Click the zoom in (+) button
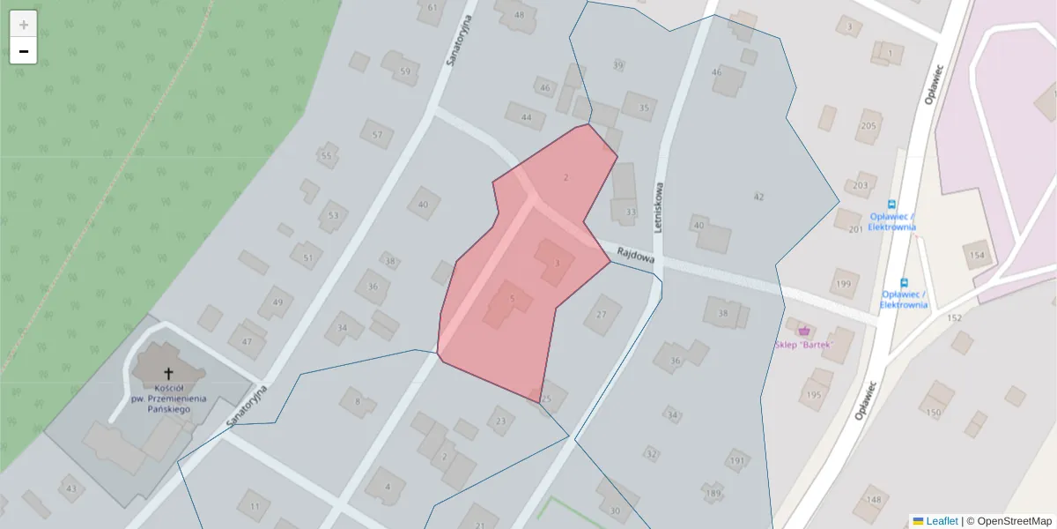[23, 24]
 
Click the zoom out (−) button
[23, 51]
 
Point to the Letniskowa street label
[658, 207]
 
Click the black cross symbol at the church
[168, 374]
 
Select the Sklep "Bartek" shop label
[803, 344]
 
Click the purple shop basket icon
[803, 330]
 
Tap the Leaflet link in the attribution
[942, 521]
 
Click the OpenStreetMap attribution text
[1013, 521]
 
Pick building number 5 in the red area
[512, 299]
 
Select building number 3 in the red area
[557, 263]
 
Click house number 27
[602, 315]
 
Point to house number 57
[377, 135]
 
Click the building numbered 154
[977, 255]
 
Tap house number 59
[404, 71]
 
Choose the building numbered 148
[873, 500]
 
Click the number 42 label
[758, 197]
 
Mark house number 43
[70, 488]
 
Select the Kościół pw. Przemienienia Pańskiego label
[168, 393]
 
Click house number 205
[869, 126]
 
